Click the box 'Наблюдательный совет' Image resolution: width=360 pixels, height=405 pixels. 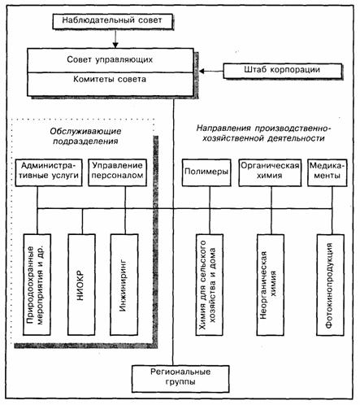pos(112,21)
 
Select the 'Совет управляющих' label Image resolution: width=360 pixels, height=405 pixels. pos(110,59)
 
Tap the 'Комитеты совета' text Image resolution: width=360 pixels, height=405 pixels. pos(110,79)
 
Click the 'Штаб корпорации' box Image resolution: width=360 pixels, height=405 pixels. pos(283,71)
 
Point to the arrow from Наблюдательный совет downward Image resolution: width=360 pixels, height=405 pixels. pos(115,38)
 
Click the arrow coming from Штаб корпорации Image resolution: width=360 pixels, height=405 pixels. pos(211,72)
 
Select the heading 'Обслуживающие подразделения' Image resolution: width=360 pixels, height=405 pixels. pos(85,137)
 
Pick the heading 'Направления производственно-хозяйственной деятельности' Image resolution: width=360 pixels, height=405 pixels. pos(263,133)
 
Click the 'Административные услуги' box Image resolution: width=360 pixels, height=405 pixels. pos(49,172)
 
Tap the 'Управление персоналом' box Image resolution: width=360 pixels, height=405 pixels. pos(118,172)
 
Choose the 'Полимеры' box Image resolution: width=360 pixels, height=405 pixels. pos(206,172)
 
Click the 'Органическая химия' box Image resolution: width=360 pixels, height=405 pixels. pos(270,172)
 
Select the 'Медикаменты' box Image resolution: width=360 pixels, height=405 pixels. pos(327,172)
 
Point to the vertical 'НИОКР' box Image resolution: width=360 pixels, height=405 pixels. pos(81,285)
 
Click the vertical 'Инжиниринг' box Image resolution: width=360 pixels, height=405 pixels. pos(124,285)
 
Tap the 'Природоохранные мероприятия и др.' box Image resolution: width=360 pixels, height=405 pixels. pos(37,285)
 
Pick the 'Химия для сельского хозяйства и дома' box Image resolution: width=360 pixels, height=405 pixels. pos(210,285)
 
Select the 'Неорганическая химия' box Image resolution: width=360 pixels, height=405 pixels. pos(271,285)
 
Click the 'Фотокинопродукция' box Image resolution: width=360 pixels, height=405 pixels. pos(331,285)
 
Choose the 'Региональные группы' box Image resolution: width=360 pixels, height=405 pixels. pos(180,379)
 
